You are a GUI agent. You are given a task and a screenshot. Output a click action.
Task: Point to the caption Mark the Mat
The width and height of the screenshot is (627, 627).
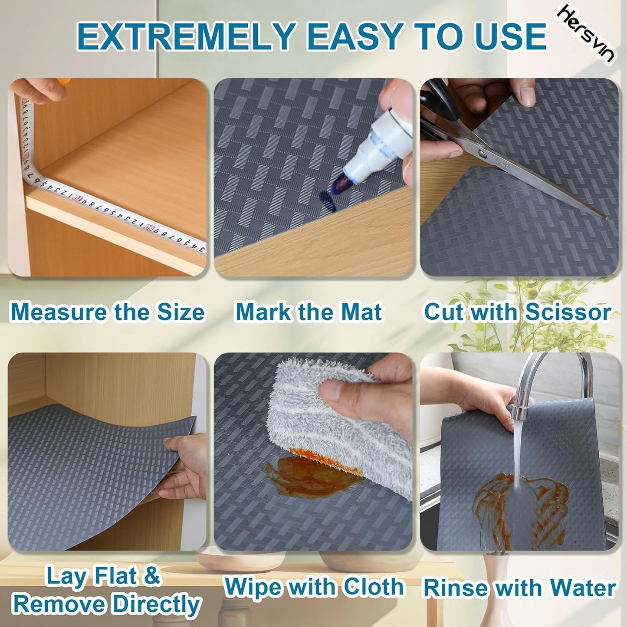pos(309,312)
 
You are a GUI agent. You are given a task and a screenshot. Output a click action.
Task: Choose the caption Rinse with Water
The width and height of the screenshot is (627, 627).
pos(519,588)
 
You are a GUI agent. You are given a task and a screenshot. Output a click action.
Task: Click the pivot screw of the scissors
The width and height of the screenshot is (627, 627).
pos(482,153)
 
